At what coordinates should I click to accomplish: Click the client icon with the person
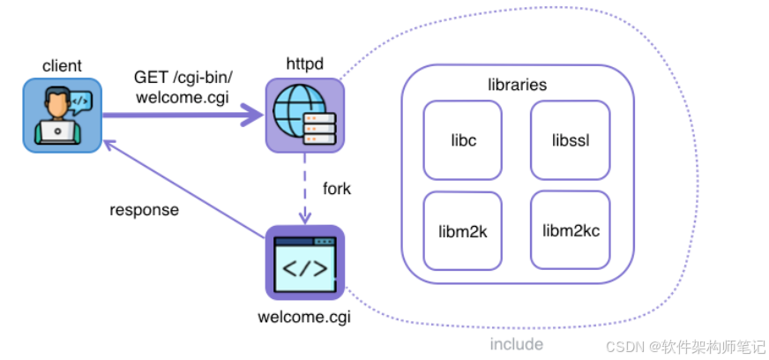point(62,115)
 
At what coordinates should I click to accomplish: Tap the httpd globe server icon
point(304,115)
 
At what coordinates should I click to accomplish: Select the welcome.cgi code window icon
point(304,263)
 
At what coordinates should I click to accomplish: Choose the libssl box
point(569,139)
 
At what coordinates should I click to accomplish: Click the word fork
point(336,189)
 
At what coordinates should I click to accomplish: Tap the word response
point(144,210)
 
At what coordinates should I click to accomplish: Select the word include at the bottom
point(517,343)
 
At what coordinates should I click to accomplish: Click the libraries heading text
point(517,86)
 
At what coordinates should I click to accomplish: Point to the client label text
point(62,65)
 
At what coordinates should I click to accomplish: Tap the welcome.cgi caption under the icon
point(304,316)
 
